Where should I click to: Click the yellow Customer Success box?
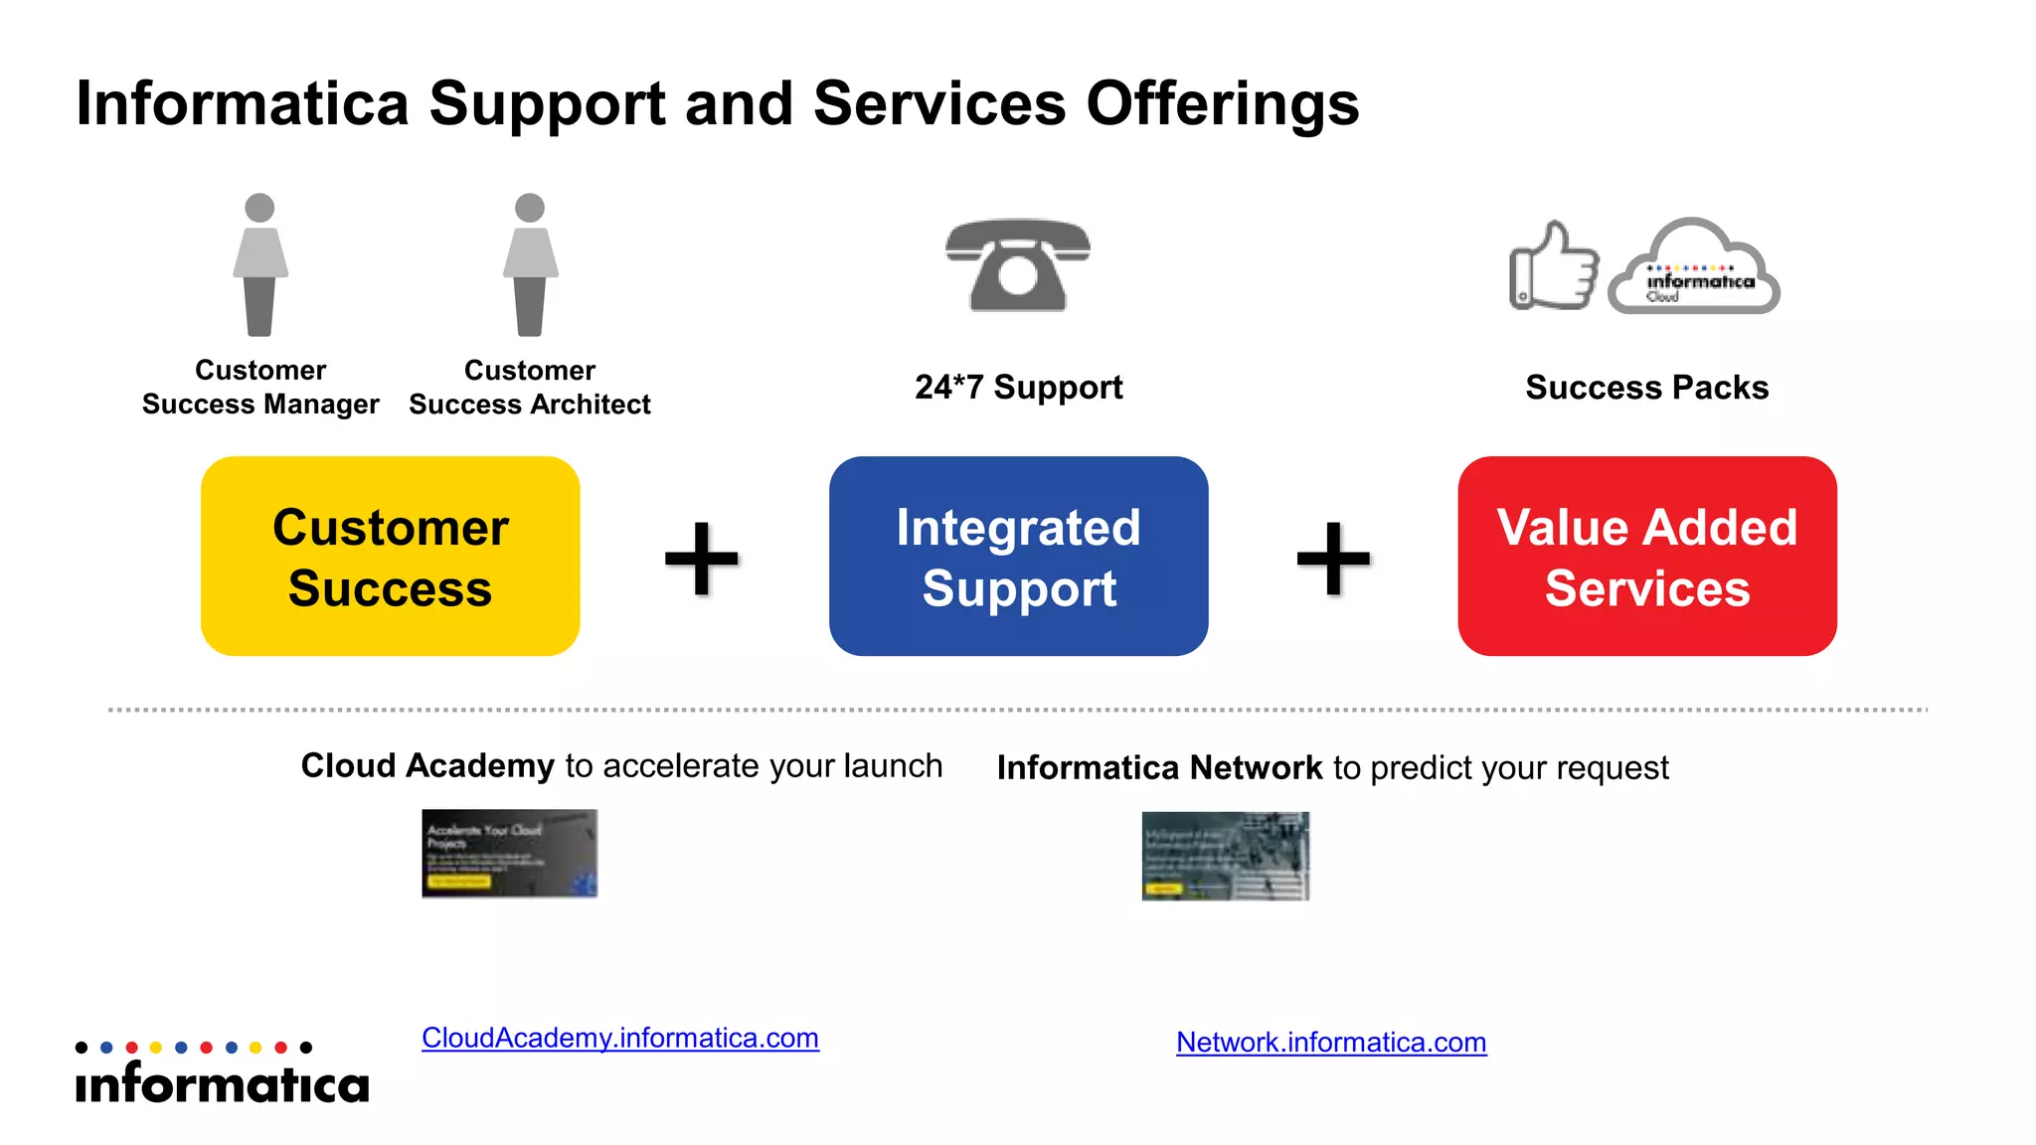pos(390,556)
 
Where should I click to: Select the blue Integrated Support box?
pos(1018,556)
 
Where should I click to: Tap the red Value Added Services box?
pos(1646,556)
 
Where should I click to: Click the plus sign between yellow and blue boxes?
pos(702,558)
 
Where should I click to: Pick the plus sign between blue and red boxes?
pos(1333,558)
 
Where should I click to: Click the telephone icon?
pos(1017,264)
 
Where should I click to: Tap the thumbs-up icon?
pos(1553,266)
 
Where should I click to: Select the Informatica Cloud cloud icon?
pos(1694,268)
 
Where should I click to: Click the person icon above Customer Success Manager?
pos(260,264)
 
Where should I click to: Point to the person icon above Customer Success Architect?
pos(530,264)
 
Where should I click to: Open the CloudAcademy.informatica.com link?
pos(619,1038)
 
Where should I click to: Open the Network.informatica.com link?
pos(1331,1042)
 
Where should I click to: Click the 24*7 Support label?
pos(1018,387)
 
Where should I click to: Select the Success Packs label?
pos(1646,387)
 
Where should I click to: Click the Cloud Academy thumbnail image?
pos(509,854)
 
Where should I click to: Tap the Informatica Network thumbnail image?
pos(1225,856)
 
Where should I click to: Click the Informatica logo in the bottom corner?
pos(222,1073)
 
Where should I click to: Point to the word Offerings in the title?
pos(1222,103)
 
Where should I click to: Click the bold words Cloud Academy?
pos(427,765)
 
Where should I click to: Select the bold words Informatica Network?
pos(1159,767)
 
